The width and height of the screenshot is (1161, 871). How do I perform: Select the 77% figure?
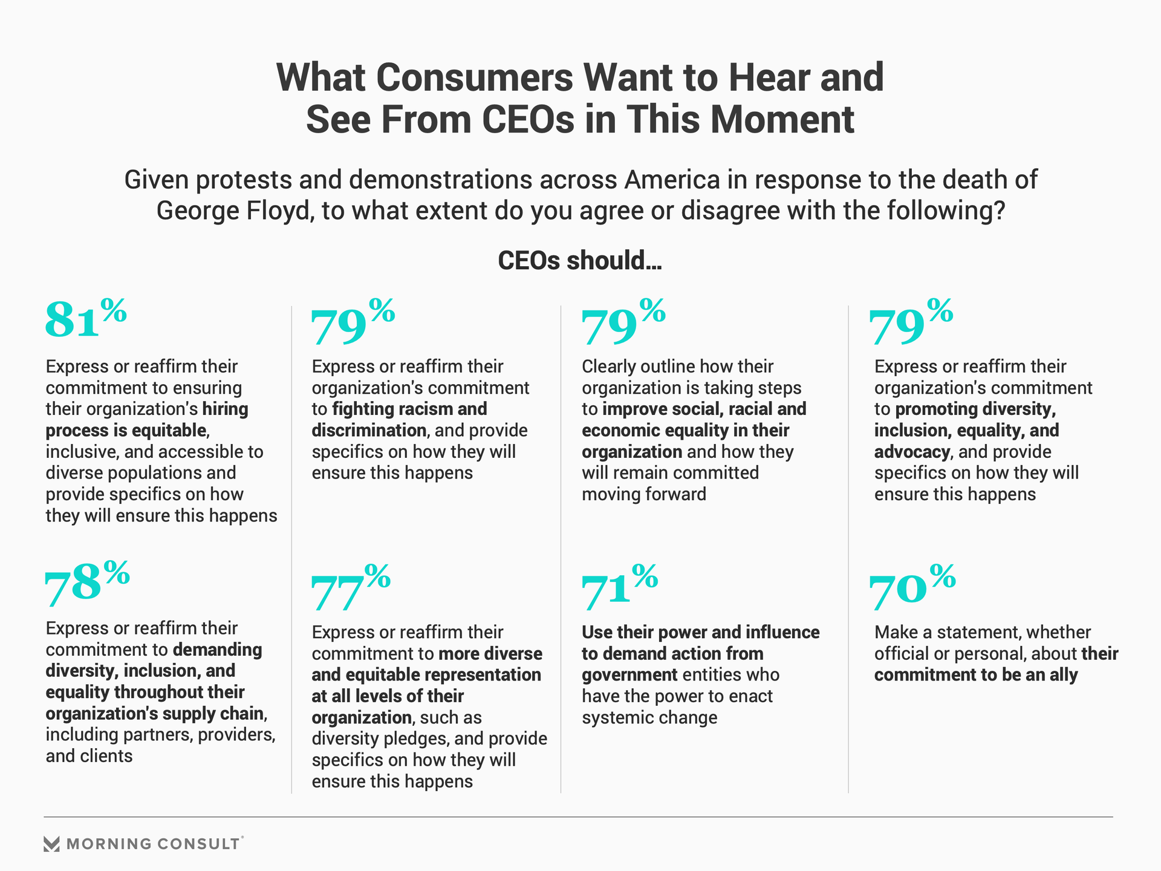click(x=350, y=587)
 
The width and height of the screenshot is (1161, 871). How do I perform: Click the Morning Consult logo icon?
click(x=52, y=844)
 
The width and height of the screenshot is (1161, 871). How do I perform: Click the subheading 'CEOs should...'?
click(x=580, y=261)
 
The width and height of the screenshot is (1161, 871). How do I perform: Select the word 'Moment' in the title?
click(x=782, y=119)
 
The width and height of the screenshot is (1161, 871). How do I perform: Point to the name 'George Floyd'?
click(x=233, y=210)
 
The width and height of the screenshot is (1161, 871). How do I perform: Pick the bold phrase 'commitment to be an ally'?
click(x=976, y=675)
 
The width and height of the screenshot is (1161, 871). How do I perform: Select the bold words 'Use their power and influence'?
click(x=700, y=632)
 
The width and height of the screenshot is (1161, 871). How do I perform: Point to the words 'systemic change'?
click(x=649, y=718)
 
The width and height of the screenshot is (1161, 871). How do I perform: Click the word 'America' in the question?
click(x=672, y=180)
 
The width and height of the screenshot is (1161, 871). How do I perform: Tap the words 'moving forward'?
click(x=643, y=495)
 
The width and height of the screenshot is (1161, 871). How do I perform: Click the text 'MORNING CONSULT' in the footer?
click(x=154, y=844)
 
